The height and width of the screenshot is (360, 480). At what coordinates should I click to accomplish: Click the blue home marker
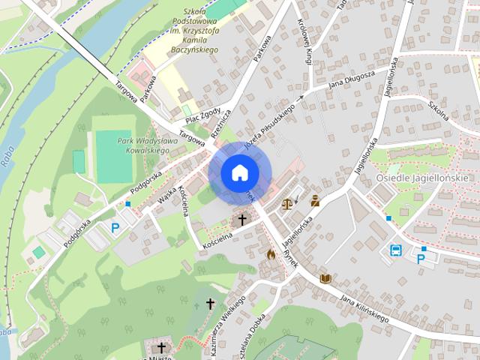pyautogui.click(x=239, y=172)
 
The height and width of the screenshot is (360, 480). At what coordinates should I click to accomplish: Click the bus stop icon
pyautogui.click(x=395, y=250)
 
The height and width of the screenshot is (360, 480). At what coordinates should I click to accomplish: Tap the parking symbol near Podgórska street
pyautogui.click(x=115, y=226)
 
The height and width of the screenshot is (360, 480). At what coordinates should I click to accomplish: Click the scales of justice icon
pyautogui.click(x=287, y=202)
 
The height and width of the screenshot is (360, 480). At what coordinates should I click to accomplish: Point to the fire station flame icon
pyautogui.click(x=271, y=253)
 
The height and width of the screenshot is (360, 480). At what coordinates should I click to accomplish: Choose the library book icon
pyautogui.click(x=325, y=278)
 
